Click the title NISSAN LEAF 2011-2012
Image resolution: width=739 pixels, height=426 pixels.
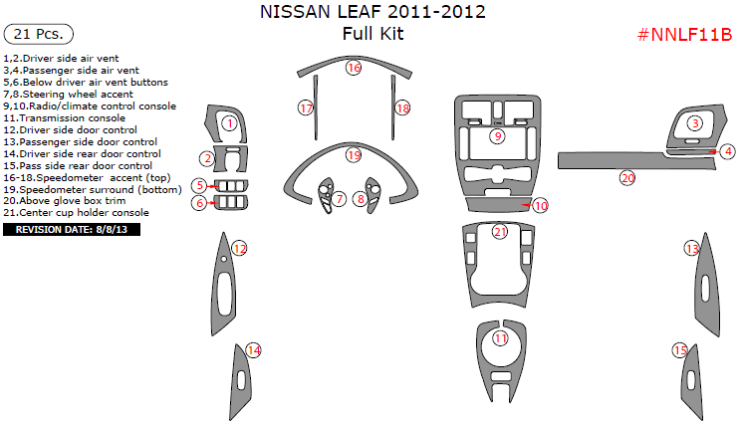point(372,13)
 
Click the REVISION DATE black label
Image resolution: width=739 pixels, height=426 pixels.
point(72,230)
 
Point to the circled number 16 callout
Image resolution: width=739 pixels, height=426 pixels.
point(354,68)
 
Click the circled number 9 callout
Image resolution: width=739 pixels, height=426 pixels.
point(497,135)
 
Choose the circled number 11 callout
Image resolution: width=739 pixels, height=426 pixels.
point(501,339)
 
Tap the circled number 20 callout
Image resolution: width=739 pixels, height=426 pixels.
point(627,178)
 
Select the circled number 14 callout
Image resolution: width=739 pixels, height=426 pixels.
point(253,349)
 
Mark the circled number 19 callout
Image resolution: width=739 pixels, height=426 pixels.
point(354,155)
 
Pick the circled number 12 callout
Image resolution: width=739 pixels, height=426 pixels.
point(239,248)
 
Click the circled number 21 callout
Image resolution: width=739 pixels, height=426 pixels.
point(500,232)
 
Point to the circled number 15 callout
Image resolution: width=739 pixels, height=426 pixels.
point(680,350)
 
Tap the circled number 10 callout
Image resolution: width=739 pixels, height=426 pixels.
point(540,206)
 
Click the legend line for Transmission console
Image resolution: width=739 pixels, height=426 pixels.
point(66,117)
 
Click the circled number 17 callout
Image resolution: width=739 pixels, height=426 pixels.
point(306,106)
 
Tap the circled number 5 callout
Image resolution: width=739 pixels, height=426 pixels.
point(200,185)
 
